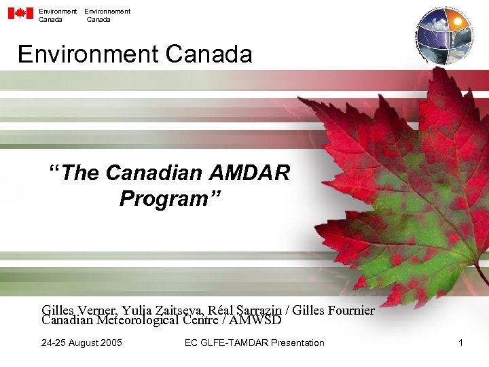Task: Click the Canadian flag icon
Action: coord(20,14)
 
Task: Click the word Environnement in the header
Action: coord(107,11)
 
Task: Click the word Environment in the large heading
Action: coord(88,54)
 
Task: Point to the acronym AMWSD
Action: coord(256,320)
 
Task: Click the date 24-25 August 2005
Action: coord(81,343)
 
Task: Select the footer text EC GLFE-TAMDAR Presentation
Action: coord(254,343)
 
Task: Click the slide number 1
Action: coord(460,343)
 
